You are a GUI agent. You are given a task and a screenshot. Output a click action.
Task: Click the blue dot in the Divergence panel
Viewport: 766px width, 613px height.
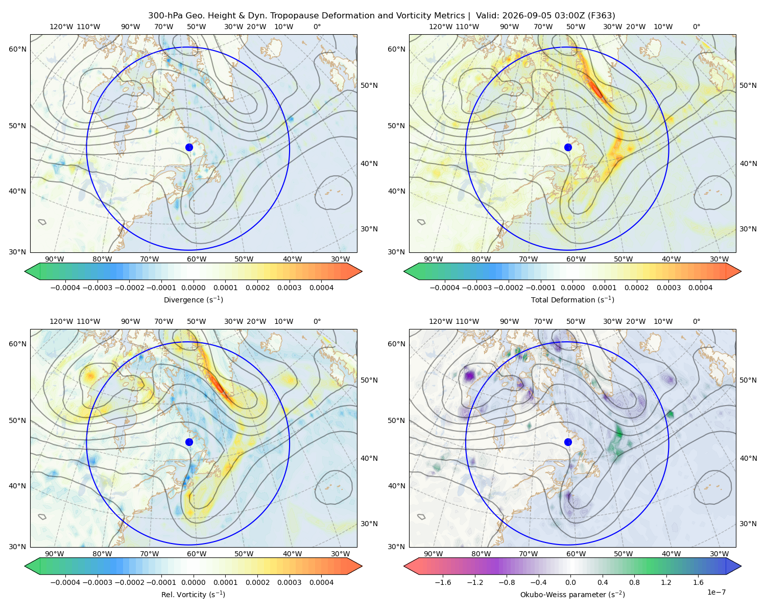pyautogui.click(x=189, y=148)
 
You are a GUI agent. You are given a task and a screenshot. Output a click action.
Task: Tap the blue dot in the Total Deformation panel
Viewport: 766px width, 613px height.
pyautogui.click(x=568, y=148)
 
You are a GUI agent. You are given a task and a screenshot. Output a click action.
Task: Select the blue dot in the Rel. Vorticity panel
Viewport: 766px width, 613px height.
pyautogui.click(x=189, y=442)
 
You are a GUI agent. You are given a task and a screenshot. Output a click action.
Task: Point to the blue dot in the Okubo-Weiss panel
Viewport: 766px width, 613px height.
pyautogui.click(x=568, y=442)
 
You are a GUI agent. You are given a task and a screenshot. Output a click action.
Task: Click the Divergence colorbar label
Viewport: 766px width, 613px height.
pyautogui.click(x=193, y=300)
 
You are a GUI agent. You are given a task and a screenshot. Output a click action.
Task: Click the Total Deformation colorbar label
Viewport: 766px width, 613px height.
pyautogui.click(x=572, y=300)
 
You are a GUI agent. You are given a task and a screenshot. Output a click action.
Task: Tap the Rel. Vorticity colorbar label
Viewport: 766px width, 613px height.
pyautogui.click(x=193, y=595)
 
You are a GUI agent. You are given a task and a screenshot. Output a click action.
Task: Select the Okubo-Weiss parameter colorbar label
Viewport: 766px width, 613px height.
pyautogui.click(x=572, y=595)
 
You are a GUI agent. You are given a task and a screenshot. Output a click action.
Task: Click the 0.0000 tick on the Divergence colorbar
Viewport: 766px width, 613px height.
pyautogui.click(x=193, y=288)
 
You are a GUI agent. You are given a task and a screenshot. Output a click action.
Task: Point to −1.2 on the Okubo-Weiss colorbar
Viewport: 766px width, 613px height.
pyautogui.click(x=475, y=582)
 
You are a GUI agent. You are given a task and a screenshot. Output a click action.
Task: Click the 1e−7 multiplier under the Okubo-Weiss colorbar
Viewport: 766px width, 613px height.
pyautogui.click(x=716, y=593)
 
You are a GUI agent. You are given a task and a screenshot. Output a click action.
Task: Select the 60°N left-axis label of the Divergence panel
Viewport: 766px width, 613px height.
pyautogui.click(x=17, y=49)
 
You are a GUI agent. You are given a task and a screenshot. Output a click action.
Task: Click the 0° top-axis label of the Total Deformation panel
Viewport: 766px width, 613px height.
pyautogui.click(x=696, y=27)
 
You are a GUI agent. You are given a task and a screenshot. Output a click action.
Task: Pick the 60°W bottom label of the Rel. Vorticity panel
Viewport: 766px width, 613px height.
pyautogui.click(x=197, y=554)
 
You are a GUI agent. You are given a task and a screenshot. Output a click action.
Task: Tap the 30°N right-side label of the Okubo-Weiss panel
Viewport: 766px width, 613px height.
pyautogui.click(x=748, y=524)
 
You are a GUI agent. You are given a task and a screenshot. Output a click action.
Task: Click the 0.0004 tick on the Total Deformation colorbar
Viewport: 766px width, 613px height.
pyautogui.click(x=701, y=288)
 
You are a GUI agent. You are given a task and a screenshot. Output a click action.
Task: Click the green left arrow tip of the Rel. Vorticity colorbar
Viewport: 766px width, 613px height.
pyautogui.click(x=25, y=567)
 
